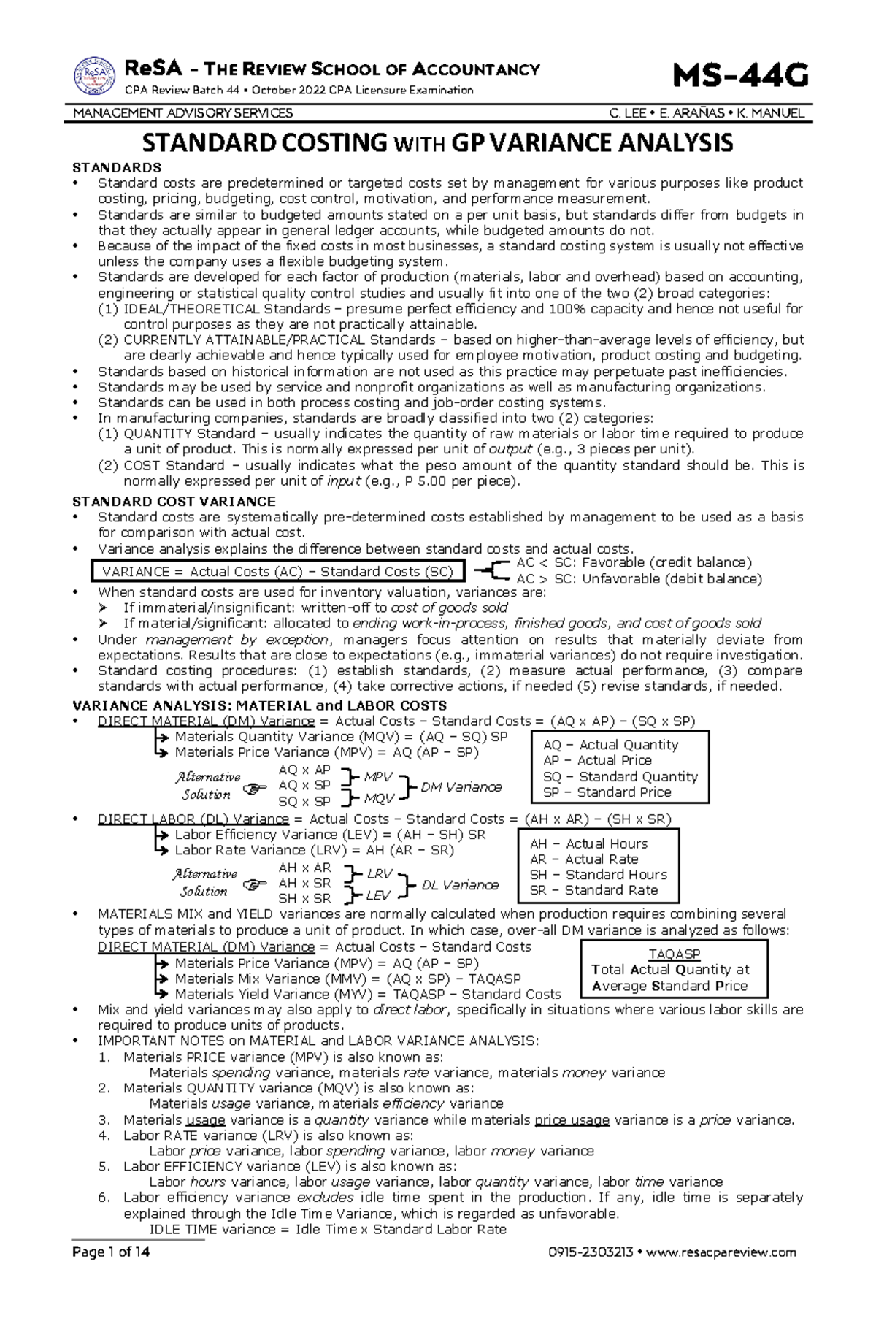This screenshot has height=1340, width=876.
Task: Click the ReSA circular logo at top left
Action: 96,77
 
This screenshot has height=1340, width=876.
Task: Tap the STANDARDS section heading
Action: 117,168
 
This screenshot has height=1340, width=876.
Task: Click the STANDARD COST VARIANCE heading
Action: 174,502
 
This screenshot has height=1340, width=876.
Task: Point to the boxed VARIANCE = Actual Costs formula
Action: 277,572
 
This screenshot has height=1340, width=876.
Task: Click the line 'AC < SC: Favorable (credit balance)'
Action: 634,563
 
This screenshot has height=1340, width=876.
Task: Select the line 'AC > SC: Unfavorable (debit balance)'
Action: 639,579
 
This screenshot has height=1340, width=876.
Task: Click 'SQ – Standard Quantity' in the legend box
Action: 620,776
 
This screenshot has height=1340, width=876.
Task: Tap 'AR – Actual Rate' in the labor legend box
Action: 584,859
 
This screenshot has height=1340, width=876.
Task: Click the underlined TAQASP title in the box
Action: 675,954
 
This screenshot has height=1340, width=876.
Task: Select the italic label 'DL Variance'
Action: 460,885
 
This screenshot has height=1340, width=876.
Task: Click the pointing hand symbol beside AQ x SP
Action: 254,789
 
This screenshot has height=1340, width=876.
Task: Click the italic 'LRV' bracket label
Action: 380,873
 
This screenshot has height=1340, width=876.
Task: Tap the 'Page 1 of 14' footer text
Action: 111,1252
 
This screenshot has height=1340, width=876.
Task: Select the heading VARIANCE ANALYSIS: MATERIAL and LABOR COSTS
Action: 259,705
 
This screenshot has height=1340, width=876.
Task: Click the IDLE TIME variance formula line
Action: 327,1229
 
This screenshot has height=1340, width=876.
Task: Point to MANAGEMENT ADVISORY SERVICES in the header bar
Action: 182,113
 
